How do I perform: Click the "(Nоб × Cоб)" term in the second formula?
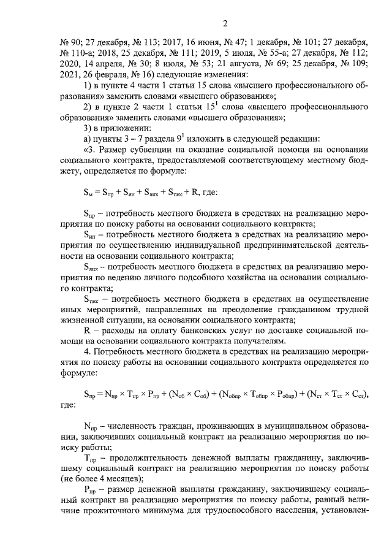coord(184,394)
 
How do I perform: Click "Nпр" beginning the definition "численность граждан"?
coord(89,427)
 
